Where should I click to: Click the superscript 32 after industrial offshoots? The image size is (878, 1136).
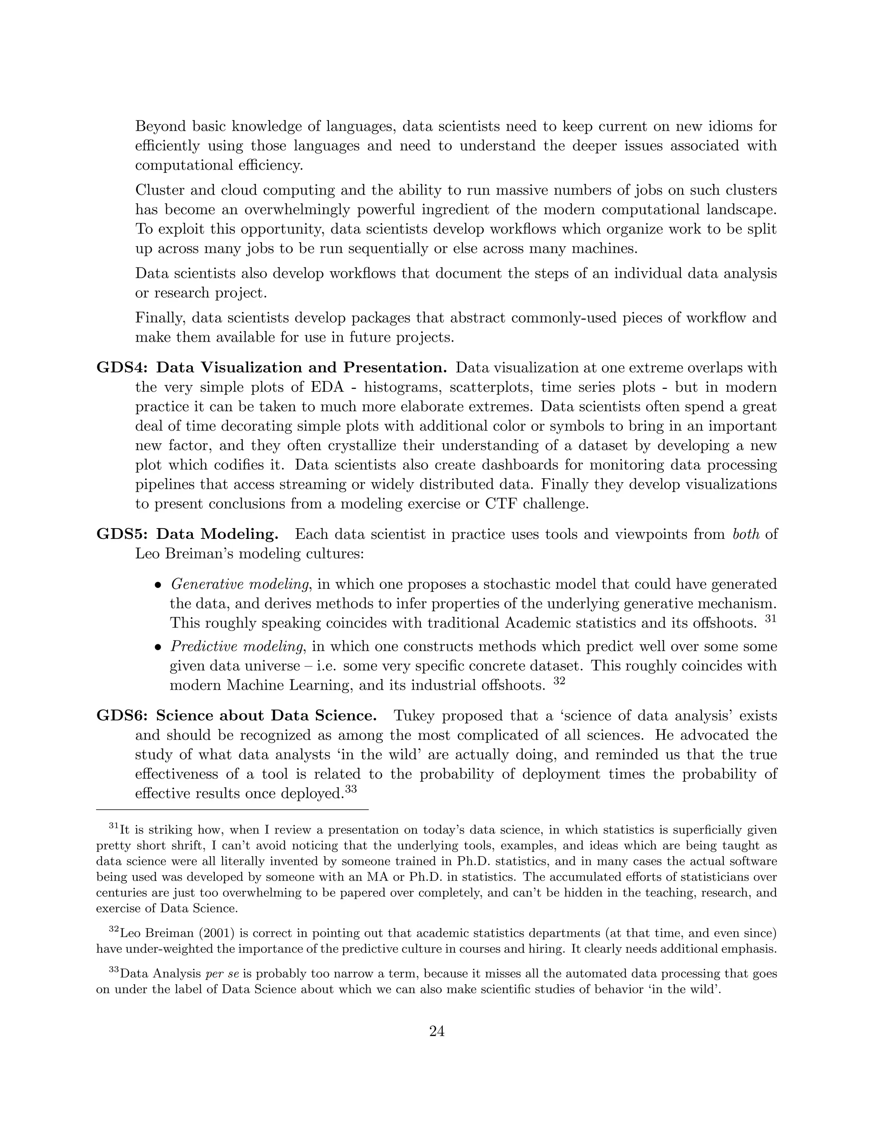[559, 681]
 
